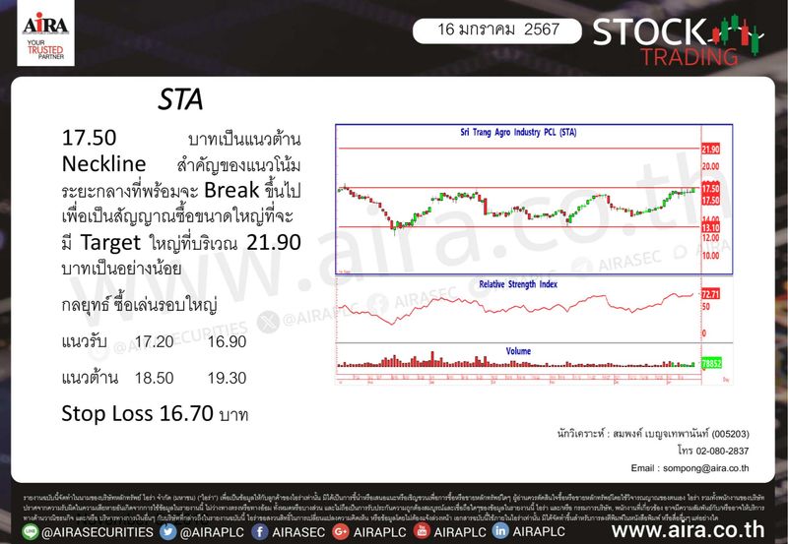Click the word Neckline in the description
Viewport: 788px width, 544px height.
click(103, 161)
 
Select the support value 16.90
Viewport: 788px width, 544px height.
click(227, 341)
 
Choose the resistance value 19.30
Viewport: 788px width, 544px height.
click(227, 377)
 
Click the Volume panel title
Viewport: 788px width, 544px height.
click(518, 351)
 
